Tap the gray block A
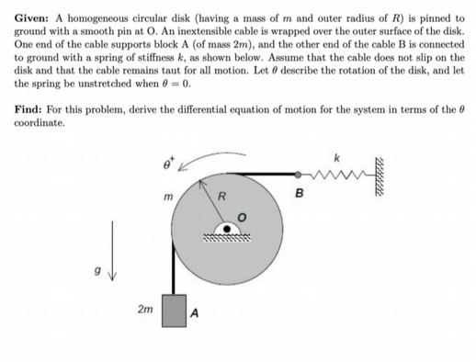coord(175,310)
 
